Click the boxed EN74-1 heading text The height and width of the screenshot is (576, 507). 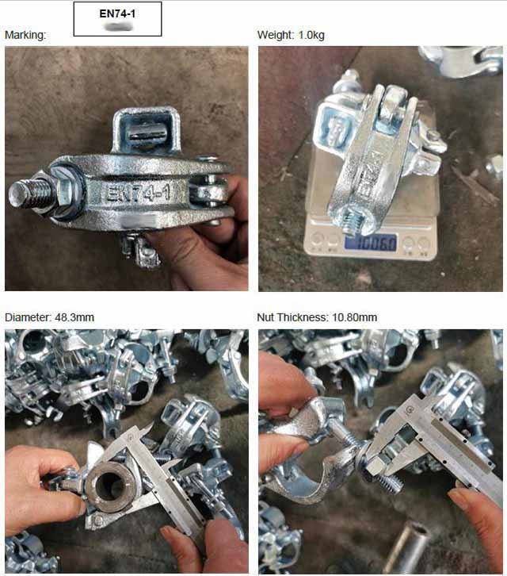click(117, 13)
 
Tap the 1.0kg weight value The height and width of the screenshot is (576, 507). click(311, 35)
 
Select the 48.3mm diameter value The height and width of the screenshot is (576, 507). click(74, 317)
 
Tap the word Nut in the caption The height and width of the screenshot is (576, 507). click(266, 317)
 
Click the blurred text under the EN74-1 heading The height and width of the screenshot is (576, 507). click(117, 27)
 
